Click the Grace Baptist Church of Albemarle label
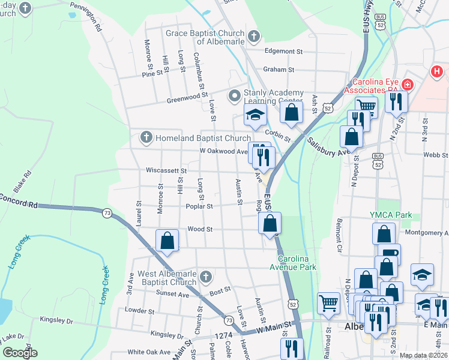pos(205,37)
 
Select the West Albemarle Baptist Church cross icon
pos(205,277)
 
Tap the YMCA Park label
pos(390,215)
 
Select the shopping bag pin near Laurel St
pos(167,241)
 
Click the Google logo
pos(19,353)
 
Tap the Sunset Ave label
pos(173,294)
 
